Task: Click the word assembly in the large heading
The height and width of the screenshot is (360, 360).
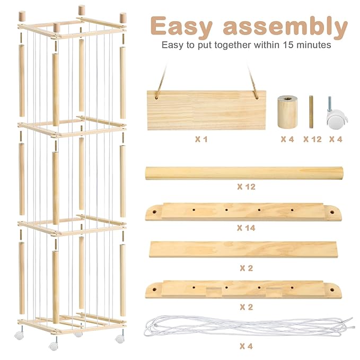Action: click(285, 27)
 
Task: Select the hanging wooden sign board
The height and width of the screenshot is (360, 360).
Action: click(206, 110)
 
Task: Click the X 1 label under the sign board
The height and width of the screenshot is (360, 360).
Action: click(201, 139)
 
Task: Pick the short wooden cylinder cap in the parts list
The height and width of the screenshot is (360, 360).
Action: click(287, 112)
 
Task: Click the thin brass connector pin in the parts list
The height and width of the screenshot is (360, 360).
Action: click(311, 112)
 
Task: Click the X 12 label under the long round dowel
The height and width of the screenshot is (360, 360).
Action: click(247, 187)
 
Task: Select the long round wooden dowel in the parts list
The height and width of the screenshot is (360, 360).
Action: click(244, 173)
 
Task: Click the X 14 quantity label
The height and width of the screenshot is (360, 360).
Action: click(246, 228)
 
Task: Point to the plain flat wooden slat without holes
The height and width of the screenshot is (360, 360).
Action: click(243, 250)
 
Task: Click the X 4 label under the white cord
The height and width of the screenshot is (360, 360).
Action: click(246, 346)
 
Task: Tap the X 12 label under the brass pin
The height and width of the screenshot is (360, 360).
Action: click(312, 139)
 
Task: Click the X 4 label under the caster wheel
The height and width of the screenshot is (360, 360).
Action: click(336, 139)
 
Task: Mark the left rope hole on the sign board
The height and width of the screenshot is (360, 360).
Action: click(156, 98)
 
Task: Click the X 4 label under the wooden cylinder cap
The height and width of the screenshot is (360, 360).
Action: click(287, 139)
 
